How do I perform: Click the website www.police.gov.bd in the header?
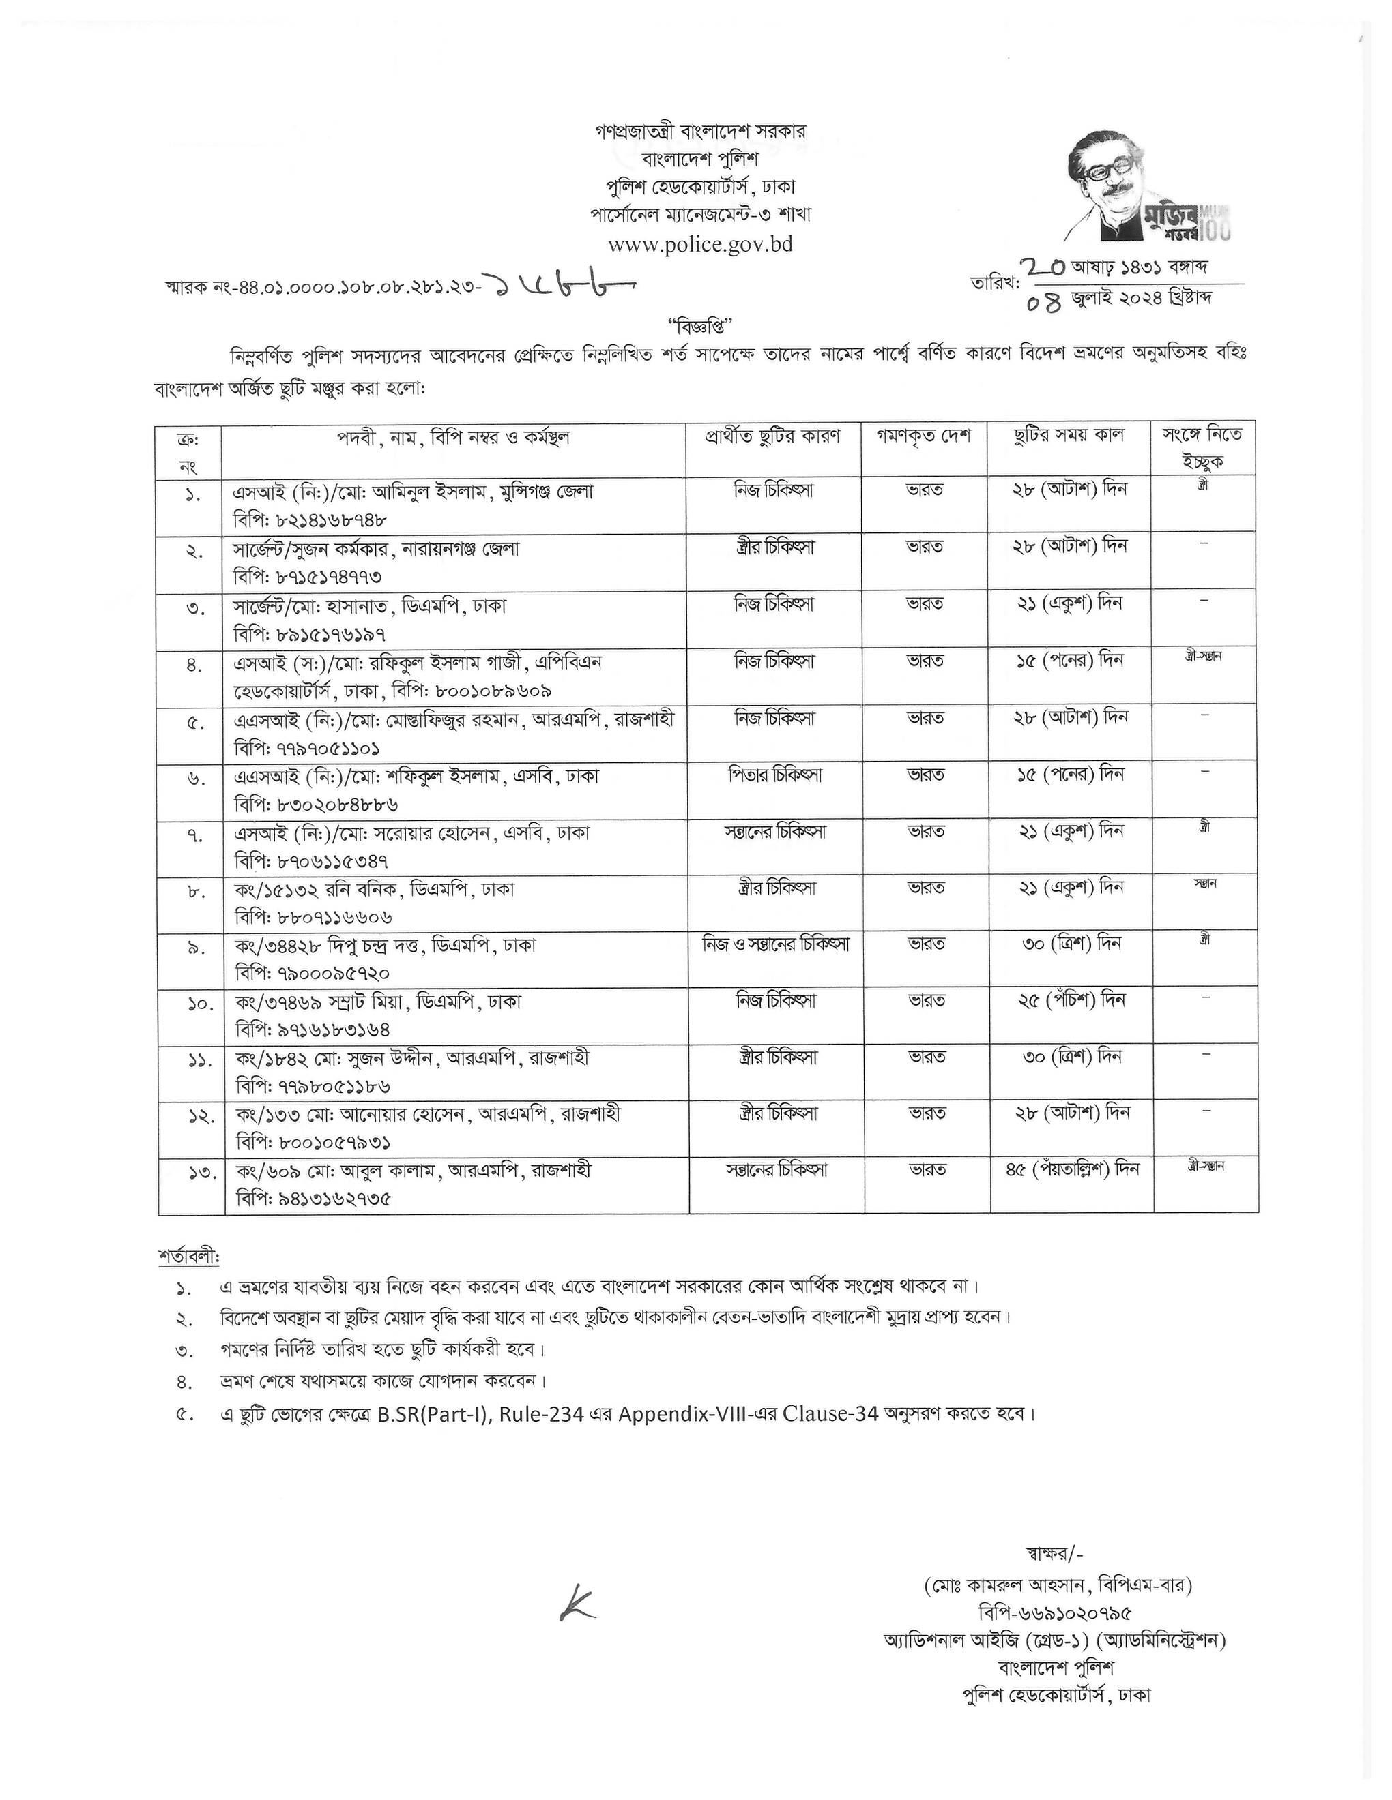[x=700, y=245]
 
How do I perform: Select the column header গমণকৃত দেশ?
[x=924, y=436]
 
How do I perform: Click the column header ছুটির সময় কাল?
[x=1069, y=436]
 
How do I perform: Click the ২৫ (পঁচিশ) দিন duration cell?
[x=1069, y=1000]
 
